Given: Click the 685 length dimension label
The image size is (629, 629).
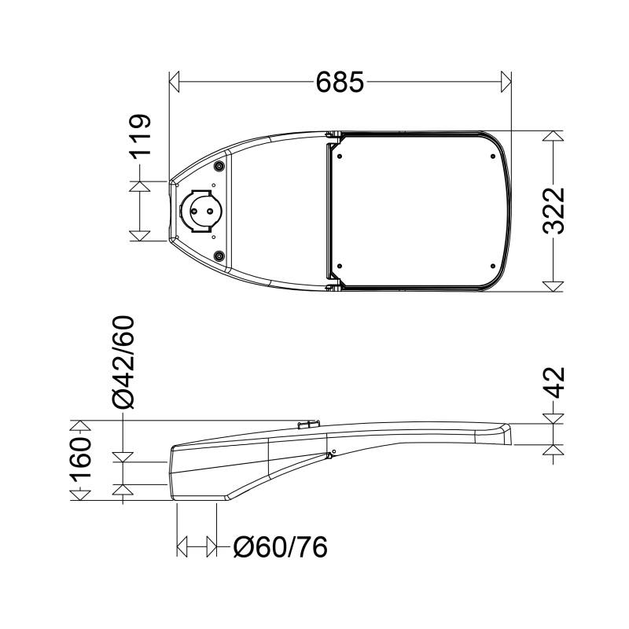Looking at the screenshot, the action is click(x=340, y=83).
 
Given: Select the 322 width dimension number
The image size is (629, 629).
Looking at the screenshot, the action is click(x=554, y=211).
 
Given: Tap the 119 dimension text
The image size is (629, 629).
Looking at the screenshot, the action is click(x=140, y=134).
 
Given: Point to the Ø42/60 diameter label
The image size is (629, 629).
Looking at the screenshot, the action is click(x=123, y=362).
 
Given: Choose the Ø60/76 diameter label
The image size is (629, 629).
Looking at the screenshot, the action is click(x=281, y=546).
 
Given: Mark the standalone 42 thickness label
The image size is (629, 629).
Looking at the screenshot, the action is click(x=554, y=383).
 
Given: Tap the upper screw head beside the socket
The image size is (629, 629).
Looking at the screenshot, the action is click(x=219, y=167).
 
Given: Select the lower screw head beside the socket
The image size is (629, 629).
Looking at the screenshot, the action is click(x=219, y=256).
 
